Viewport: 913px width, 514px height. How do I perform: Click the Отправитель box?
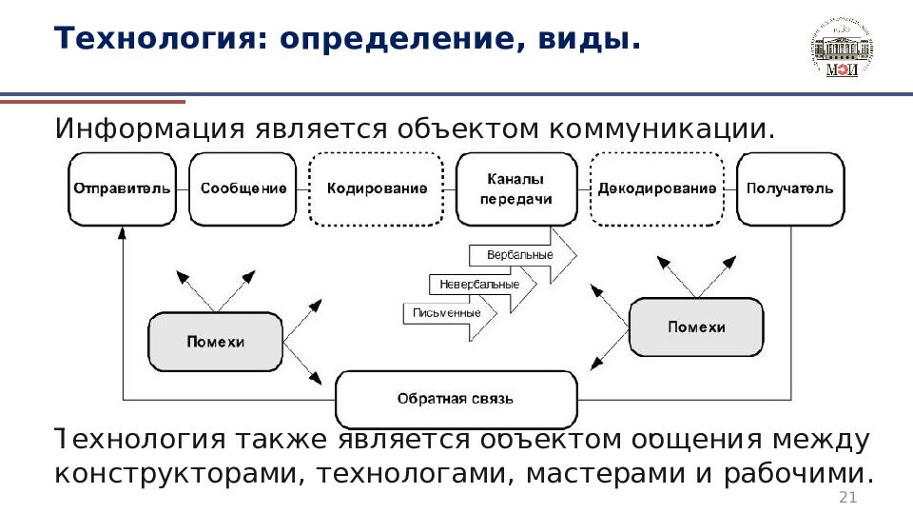[x=123, y=188]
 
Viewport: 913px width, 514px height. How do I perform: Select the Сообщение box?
[x=243, y=188]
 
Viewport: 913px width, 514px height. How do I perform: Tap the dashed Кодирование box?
[x=377, y=188]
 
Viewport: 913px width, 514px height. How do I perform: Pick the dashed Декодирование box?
[x=657, y=188]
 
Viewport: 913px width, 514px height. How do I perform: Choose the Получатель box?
[x=789, y=188]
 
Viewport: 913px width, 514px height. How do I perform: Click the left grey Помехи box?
[x=216, y=342]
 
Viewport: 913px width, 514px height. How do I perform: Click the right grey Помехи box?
[x=696, y=327]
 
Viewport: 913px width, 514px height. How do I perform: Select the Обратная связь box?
[x=456, y=399]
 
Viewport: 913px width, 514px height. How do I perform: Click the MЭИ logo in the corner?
[x=841, y=48]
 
